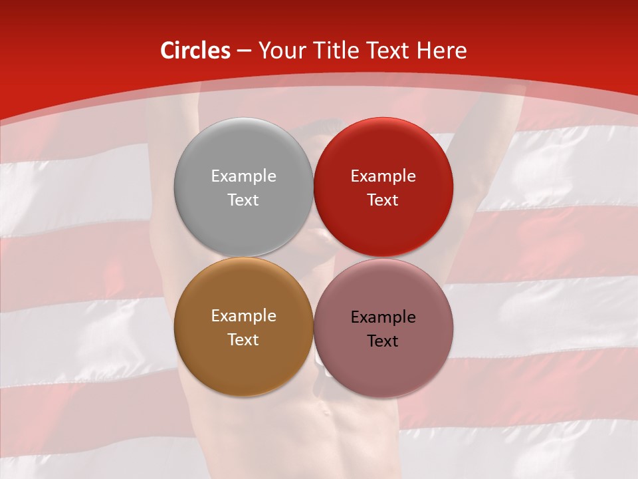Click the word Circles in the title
(195, 51)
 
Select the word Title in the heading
(340, 51)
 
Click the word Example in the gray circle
(243, 176)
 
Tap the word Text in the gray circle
(243, 200)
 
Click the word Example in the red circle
(383, 176)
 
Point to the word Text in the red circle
(383, 200)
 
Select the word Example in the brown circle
(243, 315)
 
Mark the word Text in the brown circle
(243, 339)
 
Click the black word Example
(383, 317)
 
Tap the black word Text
(383, 341)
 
